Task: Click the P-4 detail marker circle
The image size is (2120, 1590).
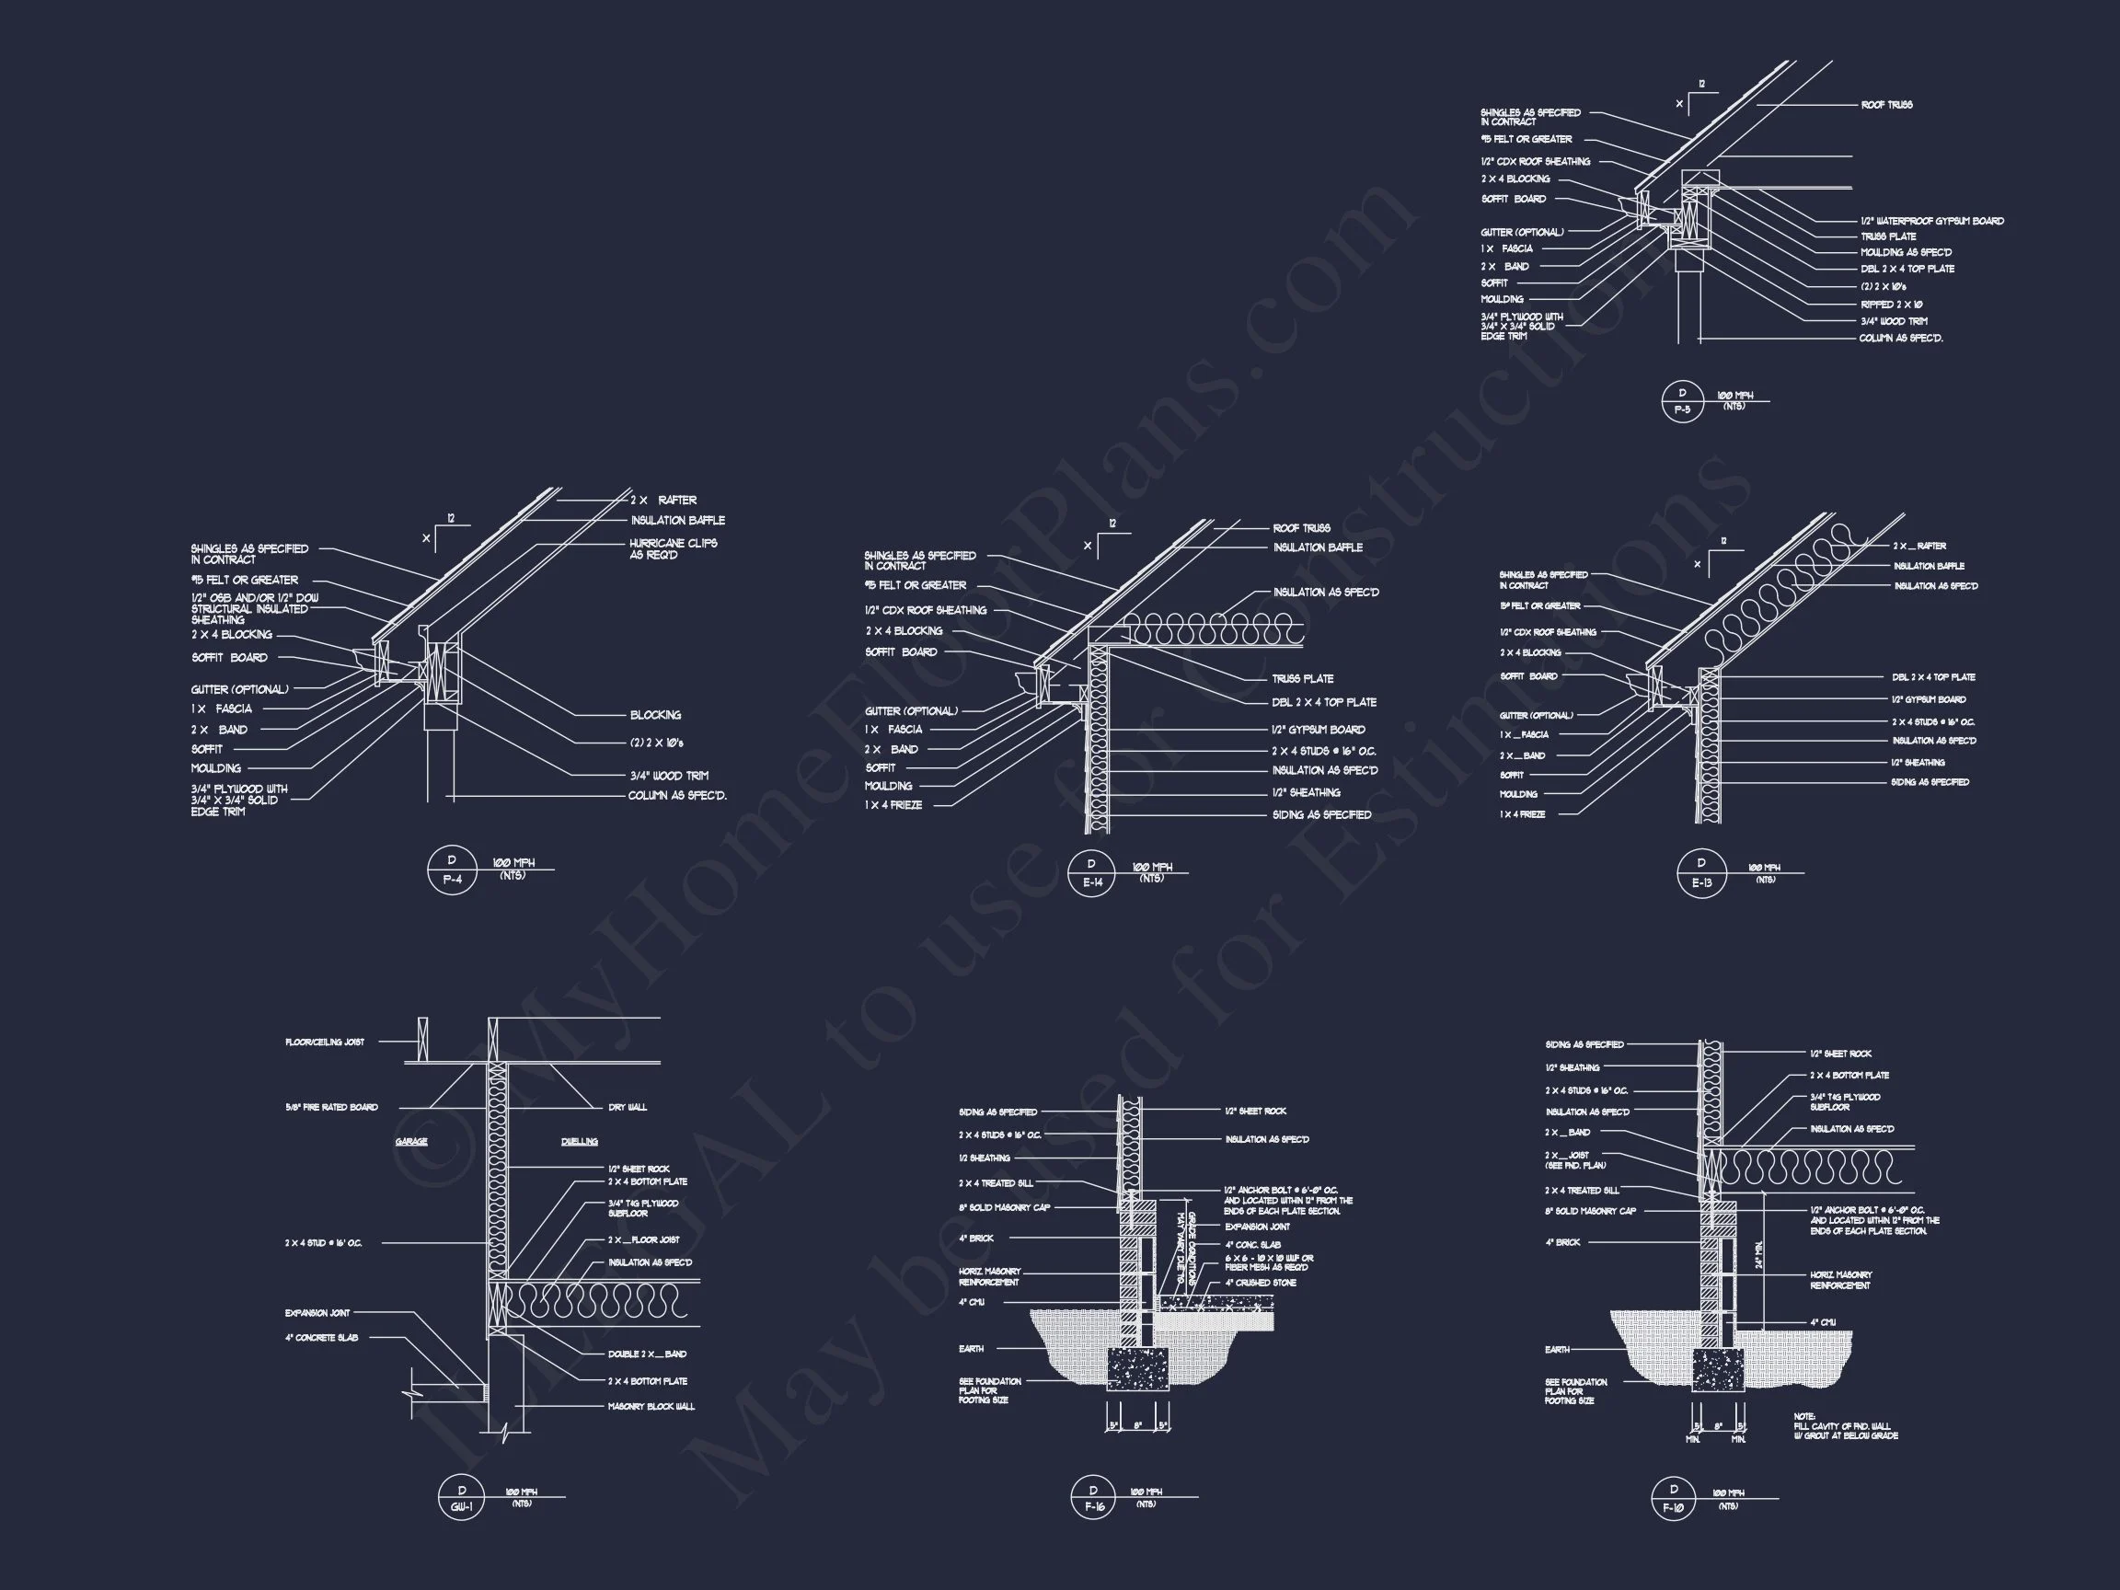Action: [x=452, y=871]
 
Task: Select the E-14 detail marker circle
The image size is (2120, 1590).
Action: [x=1091, y=873]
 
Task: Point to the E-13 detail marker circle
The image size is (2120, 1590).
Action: [x=1701, y=873]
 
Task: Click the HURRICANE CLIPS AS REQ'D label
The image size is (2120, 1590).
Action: [x=673, y=549]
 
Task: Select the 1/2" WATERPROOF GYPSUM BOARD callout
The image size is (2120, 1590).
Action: [x=1932, y=222]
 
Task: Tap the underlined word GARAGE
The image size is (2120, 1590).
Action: [x=411, y=1142]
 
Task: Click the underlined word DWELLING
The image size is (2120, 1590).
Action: [x=579, y=1142]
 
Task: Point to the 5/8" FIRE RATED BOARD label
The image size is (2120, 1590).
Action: [x=331, y=1107]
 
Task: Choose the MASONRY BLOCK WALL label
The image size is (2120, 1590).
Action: [x=651, y=1407]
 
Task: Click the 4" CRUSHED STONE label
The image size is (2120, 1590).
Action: [x=1261, y=1283]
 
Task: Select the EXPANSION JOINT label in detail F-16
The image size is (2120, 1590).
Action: [x=1258, y=1227]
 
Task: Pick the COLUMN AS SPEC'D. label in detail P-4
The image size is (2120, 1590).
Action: [x=677, y=797]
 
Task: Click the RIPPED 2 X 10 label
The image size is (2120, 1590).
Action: [x=1892, y=305]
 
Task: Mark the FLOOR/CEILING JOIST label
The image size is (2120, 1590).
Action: [x=324, y=1042]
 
